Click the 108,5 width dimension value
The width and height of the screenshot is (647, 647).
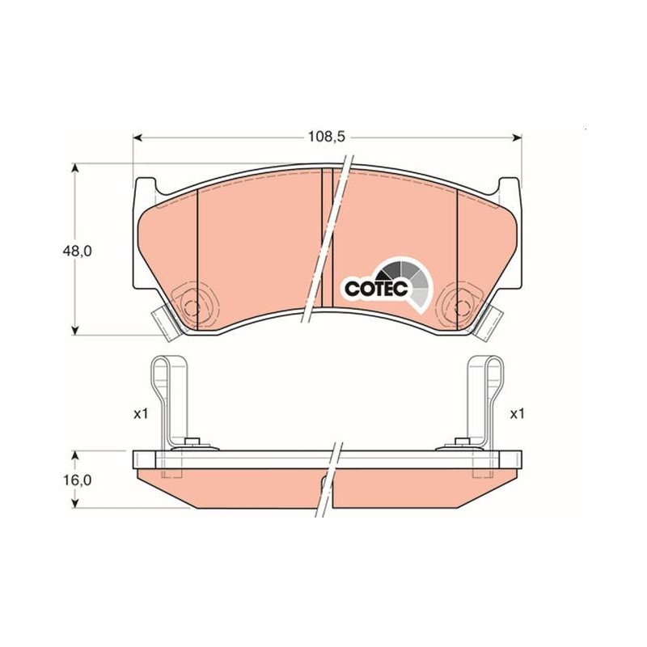click(327, 137)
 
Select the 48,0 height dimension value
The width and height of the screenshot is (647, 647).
click(78, 251)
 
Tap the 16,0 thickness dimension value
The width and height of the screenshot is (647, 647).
click(78, 480)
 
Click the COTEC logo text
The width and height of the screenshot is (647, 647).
click(376, 289)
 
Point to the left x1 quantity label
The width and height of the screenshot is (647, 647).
click(141, 414)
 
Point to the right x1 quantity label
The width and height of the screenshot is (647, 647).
click(517, 414)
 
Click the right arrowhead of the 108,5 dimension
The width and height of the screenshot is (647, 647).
click(517, 137)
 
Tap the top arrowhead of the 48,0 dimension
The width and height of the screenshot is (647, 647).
click(74, 168)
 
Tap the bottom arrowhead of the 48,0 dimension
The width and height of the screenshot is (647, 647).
click(74, 330)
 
